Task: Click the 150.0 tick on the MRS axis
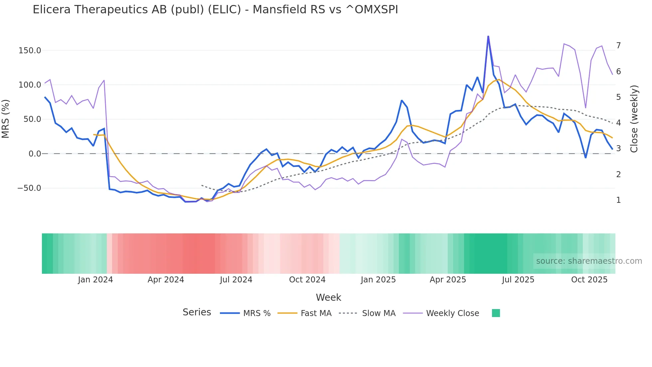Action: [30, 51]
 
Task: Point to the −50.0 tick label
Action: [29, 188]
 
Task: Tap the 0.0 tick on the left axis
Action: [35, 154]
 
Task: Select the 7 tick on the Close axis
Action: [618, 45]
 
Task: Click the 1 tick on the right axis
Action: [618, 200]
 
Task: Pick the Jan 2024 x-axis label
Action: [95, 280]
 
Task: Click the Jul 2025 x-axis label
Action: [518, 280]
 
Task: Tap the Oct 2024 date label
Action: [307, 280]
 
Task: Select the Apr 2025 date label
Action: [448, 280]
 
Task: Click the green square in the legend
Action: [496, 313]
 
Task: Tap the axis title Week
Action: [328, 297]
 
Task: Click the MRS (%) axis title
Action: [6, 119]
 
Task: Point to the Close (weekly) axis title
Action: [634, 119]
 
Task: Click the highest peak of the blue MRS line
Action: [488, 36]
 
